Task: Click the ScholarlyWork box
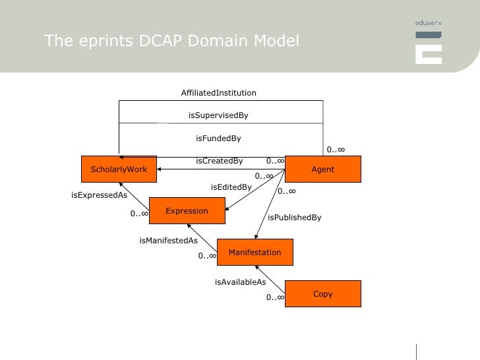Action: point(119,169)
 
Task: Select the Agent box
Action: point(322,169)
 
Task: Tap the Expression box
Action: point(187,211)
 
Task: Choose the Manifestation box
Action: point(255,253)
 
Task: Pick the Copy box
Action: point(322,294)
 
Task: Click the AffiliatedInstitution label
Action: point(218,93)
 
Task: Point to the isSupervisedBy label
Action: point(218,115)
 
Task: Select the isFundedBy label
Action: point(218,138)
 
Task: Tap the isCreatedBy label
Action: point(219,161)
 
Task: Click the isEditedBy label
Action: point(231,187)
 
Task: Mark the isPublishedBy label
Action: point(294,218)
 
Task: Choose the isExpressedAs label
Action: point(99,195)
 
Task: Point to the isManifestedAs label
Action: point(168,241)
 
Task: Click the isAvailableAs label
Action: point(240,282)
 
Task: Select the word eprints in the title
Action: point(94,42)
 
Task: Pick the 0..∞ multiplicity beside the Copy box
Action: point(275,298)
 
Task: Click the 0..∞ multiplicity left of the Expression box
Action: point(138,214)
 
